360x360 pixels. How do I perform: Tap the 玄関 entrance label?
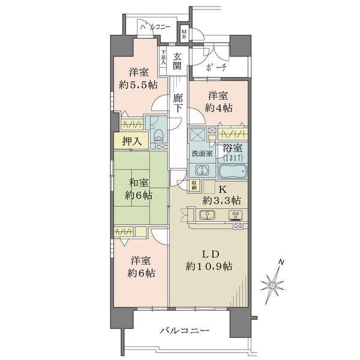coord(177,61)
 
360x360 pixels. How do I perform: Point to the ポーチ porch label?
coord(216,67)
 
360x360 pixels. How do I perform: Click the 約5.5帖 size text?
coord(139,85)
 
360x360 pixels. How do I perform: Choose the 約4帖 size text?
coord(218,107)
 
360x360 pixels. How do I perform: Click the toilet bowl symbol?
coord(158,135)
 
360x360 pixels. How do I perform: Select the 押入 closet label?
coord(131,141)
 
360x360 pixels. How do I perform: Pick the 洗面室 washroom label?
coord(202,154)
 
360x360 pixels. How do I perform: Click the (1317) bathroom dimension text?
coord(233,158)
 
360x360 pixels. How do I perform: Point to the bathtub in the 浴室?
coord(233,171)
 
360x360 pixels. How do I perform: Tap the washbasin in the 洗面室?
coord(202,170)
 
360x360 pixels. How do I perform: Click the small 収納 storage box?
coord(194,185)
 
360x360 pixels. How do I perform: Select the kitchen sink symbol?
coord(207,215)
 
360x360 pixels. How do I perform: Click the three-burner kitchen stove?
coord(236,215)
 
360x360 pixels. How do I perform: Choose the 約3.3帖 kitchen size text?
coord(221,200)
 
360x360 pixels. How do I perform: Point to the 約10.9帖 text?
coord(209,266)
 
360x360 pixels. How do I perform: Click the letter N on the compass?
coord(281,262)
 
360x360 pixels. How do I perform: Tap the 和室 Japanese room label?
coord(139,183)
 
